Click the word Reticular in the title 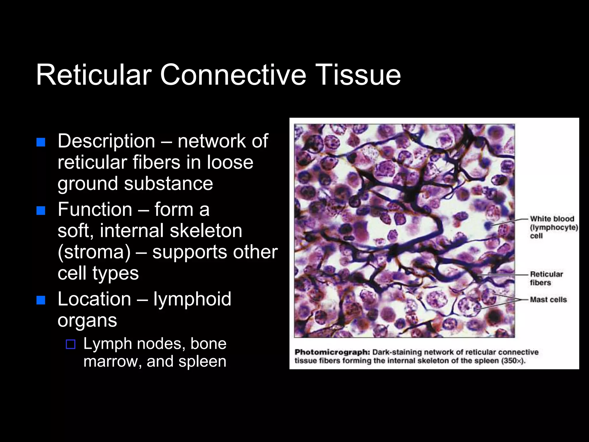click(x=94, y=75)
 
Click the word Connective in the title click(x=233, y=75)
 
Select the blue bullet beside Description click(x=41, y=142)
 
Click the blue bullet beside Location click(x=41, y=300)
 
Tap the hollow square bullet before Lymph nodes click(x=70, y=344)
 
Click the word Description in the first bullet click(x=106, y=141)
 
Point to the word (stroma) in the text click(x=94, y=252)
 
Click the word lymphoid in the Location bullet click(x=192, y=299)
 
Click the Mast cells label click(x=548, y=300)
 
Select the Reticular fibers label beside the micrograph click(x=546, y=278)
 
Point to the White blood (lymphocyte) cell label click(x=553, y=227)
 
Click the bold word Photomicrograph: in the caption click(x=332, y=352)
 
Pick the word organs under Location click(x=87, y=321)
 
